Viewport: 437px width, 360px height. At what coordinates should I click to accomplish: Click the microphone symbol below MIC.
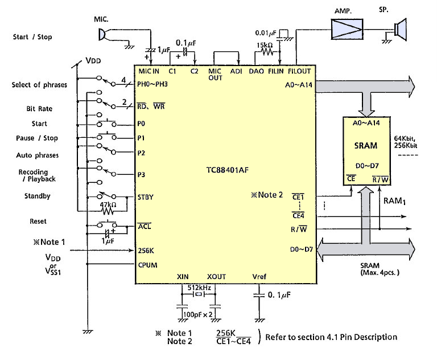(102, 35)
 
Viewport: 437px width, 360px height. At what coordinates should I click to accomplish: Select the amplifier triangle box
(347, 29)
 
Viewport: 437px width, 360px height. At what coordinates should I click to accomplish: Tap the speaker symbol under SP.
(401, 29)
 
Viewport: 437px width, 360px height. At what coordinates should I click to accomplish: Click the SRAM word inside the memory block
(366, 146)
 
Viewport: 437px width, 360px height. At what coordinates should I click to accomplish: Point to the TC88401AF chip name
(228, 170)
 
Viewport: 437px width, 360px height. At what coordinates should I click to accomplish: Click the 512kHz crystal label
(199, 288)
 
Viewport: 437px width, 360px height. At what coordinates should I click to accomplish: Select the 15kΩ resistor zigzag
(267, 52)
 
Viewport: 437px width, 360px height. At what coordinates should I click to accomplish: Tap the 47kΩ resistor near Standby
(108, 211)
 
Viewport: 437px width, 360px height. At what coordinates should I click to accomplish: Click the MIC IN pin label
(149, 71)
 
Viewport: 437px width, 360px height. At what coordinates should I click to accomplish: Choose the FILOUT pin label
(299, 71)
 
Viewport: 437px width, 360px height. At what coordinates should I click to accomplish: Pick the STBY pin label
(146, 197)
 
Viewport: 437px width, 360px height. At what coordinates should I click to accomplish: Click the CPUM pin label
(147, 265)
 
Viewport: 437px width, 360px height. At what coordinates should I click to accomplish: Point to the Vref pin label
(259, 277)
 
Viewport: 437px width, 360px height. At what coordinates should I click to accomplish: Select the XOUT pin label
(216, 277)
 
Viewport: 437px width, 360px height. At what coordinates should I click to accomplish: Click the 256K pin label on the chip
(146, 251)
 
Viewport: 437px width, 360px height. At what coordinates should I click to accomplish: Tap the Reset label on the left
(38, 222)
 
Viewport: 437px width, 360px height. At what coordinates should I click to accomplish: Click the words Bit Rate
(39, 109)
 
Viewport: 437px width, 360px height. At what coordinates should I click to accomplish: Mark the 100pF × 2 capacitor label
(197, 314)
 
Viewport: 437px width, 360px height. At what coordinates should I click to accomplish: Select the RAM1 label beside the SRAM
(395, 201)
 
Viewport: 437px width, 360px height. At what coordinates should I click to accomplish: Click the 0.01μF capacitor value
(266, 33)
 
